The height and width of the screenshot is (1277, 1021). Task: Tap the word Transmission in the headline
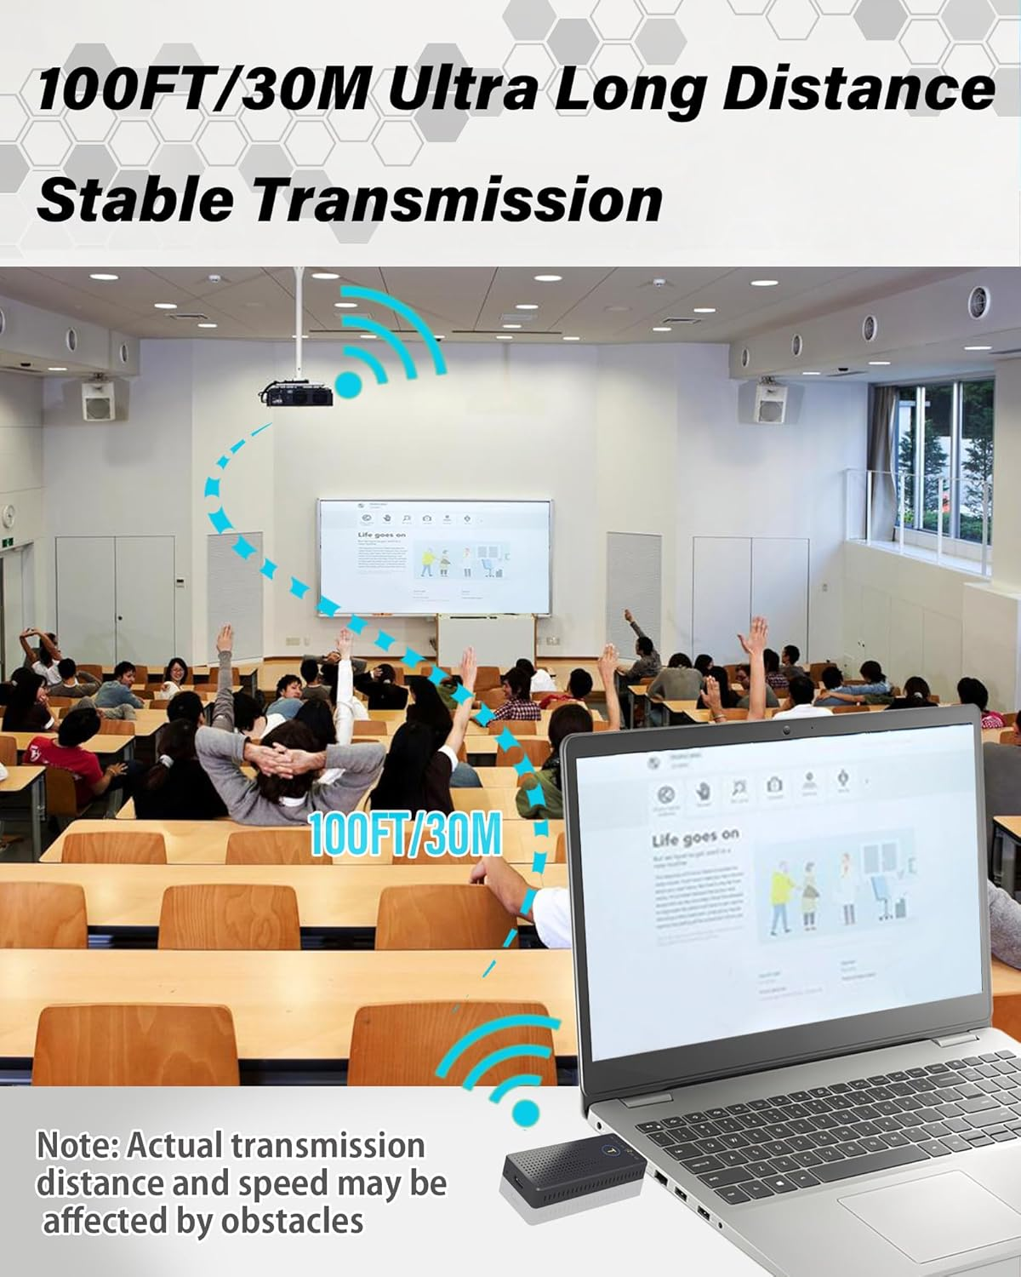pos(459,200)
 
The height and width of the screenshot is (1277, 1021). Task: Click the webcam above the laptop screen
pos(788,730)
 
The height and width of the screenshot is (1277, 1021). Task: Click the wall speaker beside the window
pos(771,401)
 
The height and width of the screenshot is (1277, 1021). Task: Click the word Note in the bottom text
pos(76,1146)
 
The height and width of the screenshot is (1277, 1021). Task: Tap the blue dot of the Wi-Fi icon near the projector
pos(349,384)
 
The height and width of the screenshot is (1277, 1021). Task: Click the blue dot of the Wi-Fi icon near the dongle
pos(527,1110)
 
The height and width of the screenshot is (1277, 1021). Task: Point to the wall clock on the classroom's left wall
pos(9,516)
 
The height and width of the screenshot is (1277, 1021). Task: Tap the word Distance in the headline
pos(858,89)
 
